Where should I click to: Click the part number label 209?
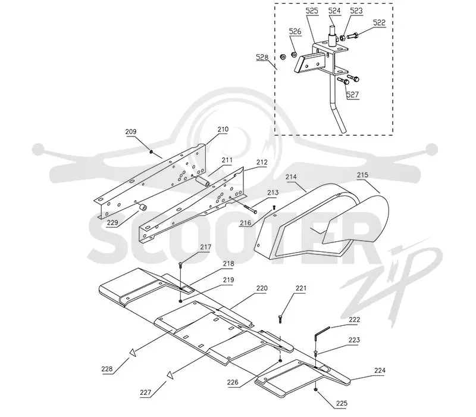pos(131,132)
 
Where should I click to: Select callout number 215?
pos(362,175)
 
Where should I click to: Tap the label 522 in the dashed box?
pos(379,23)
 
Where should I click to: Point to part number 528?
pos(262,57)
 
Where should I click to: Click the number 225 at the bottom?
pos(342,403)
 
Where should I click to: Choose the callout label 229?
pos(112,223)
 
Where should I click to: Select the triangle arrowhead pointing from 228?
pos(132,352)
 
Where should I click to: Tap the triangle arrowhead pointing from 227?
pos(170,375)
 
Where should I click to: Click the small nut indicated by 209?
pos(151,151)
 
